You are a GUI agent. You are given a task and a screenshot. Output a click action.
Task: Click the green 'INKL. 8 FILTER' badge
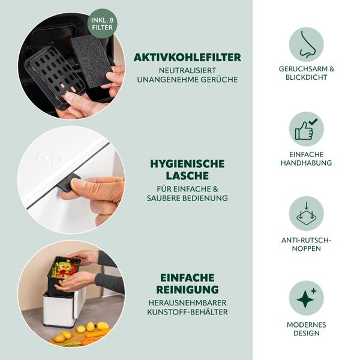click(x=102, y=23)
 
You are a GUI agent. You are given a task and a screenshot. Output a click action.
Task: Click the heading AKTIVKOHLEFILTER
click(x=187, y=58)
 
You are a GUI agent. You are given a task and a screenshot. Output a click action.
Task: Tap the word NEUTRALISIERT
click(x=187, y=70)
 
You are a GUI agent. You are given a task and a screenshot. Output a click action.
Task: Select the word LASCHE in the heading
click(x=187, y=176)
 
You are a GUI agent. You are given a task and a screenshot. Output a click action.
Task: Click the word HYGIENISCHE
click(x=187, y=164)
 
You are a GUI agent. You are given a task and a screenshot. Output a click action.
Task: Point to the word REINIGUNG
click(x=187, y=290)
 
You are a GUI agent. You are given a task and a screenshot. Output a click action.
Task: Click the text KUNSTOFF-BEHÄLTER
click(x=187, y=312)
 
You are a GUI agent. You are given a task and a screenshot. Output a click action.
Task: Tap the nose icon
click(x=306, y=44)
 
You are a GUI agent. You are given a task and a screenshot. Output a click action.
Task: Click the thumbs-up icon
click(x=306, y=129)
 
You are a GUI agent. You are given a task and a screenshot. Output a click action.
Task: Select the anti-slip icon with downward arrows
click(x=306, y=214)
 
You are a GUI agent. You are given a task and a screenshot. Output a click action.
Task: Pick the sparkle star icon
click(x=306, y=298)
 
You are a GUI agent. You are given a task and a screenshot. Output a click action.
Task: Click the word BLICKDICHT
click(x=306, y=77)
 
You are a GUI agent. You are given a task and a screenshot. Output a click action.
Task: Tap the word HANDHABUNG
click(x=306, y=163)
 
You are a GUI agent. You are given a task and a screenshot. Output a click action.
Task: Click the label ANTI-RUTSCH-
click(x=306, y=240)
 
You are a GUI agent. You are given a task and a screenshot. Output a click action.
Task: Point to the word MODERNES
click(x=306, y=325)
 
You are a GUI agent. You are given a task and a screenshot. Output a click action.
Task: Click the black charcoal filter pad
click(x=91, y=62)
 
